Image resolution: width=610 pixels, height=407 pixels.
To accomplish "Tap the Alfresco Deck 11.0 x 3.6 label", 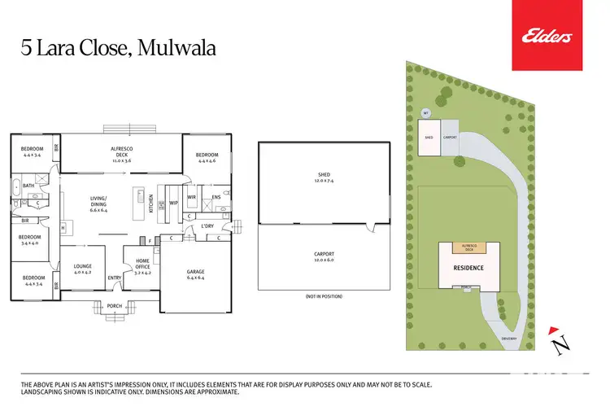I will pyautogui.click(x=122, y=152).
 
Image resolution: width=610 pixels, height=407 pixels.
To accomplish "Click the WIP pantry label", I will pyautogui.click(x=172, y=202).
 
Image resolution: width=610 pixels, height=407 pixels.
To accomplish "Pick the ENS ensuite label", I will pyautogui.click(x=216, y=197).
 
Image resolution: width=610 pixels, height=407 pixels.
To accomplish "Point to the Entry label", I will pyautogui.click(x=114, y=278).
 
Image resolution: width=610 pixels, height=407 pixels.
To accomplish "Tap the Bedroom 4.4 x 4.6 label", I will pyautogui.click(x=206, y=157).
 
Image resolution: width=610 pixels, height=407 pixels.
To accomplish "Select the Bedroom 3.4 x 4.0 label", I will pyautogui.click(x=29, y=240).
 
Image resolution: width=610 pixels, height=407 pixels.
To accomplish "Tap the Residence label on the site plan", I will pyautogui.click(x=468, y=267).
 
